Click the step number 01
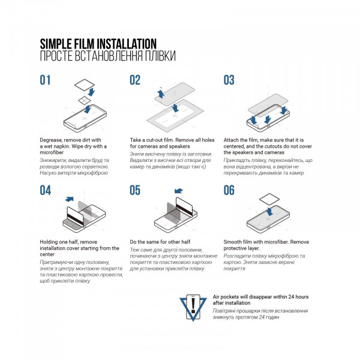(x=45, y=80)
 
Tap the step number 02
(x=135, y=80)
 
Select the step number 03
(x=229, y=80)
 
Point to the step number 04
(x=45, y=190)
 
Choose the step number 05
(x=135, y=190)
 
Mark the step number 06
(x=229, y=190)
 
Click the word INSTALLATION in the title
(x=126, y=44)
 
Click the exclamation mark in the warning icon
(x=193, y=305)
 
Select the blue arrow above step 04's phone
(x=70, y=199)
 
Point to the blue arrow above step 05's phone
(x=178, y=191)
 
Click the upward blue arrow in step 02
(x=161, y=94)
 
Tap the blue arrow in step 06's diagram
(x=269, y=212)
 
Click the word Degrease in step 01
(x=51, y=140)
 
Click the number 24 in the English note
(x=291, y=297)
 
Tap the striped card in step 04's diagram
(x=76, y=216)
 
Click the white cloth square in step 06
(x=269, y=199)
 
